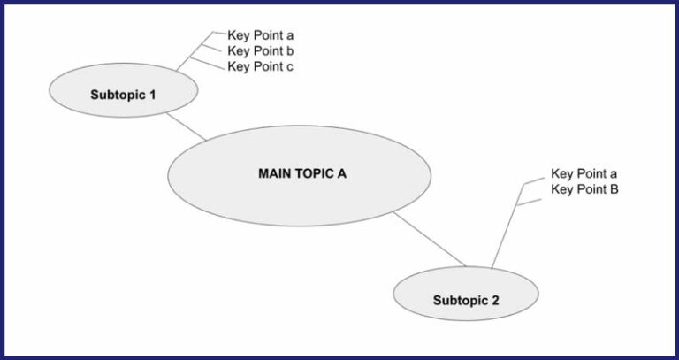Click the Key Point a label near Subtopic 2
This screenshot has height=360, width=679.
click(x=584, y=174)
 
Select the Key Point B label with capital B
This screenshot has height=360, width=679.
click(x=584, y=189)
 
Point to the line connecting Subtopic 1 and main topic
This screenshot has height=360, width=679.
click(x=187, y=126)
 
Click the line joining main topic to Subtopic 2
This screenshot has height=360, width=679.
click(x=429, y=238)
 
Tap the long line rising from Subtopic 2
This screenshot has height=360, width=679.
click(x=504, y=230)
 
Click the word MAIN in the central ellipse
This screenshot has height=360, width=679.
click(x=273, y=173)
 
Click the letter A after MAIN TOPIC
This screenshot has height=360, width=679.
click(x=341, y=173)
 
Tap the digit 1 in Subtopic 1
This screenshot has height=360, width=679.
click(x=152, y=94)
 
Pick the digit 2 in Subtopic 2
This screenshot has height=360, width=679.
click(x=495, y=301)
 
